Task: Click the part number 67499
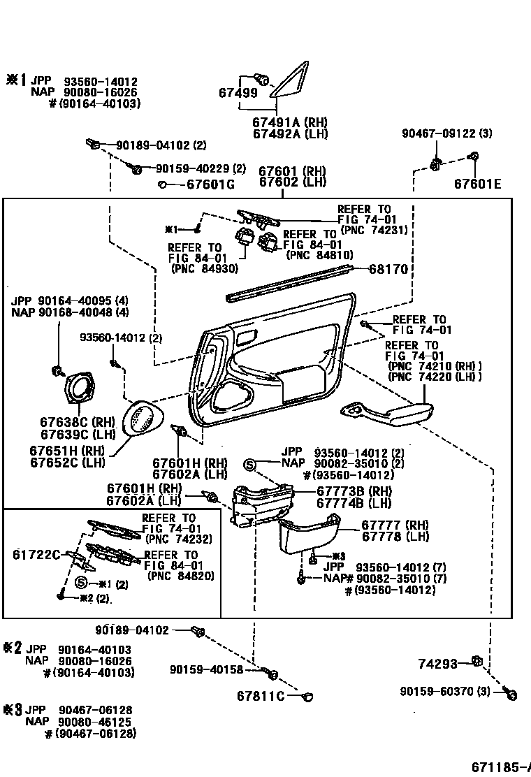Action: point(238,93)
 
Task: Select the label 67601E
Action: point(477,184)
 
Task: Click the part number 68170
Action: point(388,269)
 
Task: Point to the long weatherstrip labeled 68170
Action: point(293,284)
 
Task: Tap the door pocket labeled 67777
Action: point(307,535)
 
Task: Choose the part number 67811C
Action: point(260,696)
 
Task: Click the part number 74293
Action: point(437,664)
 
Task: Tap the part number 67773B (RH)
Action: point(354,491)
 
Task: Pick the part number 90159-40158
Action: point(206,670)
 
